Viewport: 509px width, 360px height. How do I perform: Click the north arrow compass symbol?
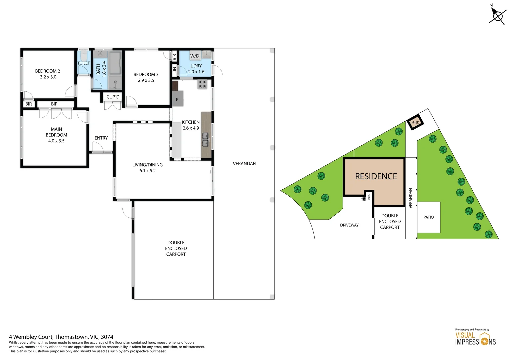coord(498,15)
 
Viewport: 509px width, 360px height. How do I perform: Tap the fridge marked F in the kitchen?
coord(178,98)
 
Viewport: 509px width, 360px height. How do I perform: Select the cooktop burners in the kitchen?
coord(202,84)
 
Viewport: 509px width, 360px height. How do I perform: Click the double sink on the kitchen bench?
coord(205,140)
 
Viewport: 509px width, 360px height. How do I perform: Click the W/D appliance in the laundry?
coord(195,56)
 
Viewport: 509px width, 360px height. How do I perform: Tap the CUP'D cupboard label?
coord(113,97)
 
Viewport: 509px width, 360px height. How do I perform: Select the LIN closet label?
coord(174,70)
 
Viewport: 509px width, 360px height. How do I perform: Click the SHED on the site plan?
coord(415,122)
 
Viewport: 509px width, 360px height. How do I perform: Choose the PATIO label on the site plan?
coord(429,217)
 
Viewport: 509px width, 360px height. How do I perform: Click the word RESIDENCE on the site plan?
coord(376,176)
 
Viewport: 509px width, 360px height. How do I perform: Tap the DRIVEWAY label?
coord(349,225)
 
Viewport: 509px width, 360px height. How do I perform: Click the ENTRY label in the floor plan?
coord(101,138)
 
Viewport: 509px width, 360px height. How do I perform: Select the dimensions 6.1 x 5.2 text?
coord(148,171)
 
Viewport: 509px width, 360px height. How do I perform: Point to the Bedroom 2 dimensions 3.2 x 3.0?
coord(48,77)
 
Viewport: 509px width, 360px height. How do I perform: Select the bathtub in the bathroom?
coord(115,63)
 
